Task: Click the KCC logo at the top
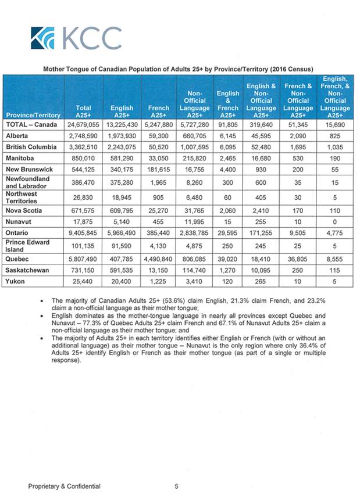[x=77, y=38]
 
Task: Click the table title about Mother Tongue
[x=179, y=68]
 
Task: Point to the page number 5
[x=176, y=486]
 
